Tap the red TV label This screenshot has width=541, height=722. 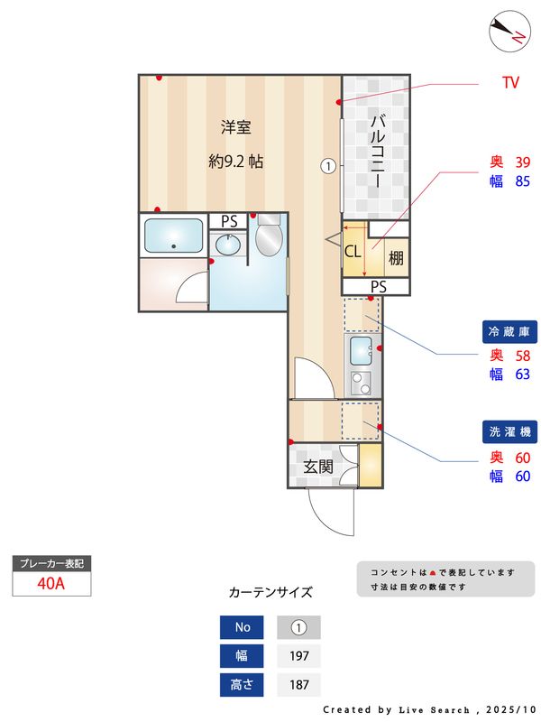click(x=510, y=83)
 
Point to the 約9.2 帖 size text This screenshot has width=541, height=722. click(x=235, y=162)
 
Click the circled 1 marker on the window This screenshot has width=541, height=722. click(x=328, y=166)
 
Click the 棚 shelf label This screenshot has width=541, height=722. click(x=396, y=257)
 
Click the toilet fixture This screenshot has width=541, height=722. click(x=269, y=239)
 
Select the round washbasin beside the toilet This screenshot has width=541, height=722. click(x=228, y=245)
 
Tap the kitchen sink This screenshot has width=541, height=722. click(x=360, y=349)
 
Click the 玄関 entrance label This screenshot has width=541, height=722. click(x=318, y=467)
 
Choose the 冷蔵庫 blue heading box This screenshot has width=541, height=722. click(x=510, y=330)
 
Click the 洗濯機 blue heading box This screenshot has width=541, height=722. click(x=510, y=431)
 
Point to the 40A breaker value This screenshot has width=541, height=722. click(x=51, y=583)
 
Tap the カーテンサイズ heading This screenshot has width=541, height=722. click(x=270, y=593)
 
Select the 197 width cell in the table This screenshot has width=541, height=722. click(x=298, y=655)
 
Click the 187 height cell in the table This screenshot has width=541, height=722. click(x=298, y=685)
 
